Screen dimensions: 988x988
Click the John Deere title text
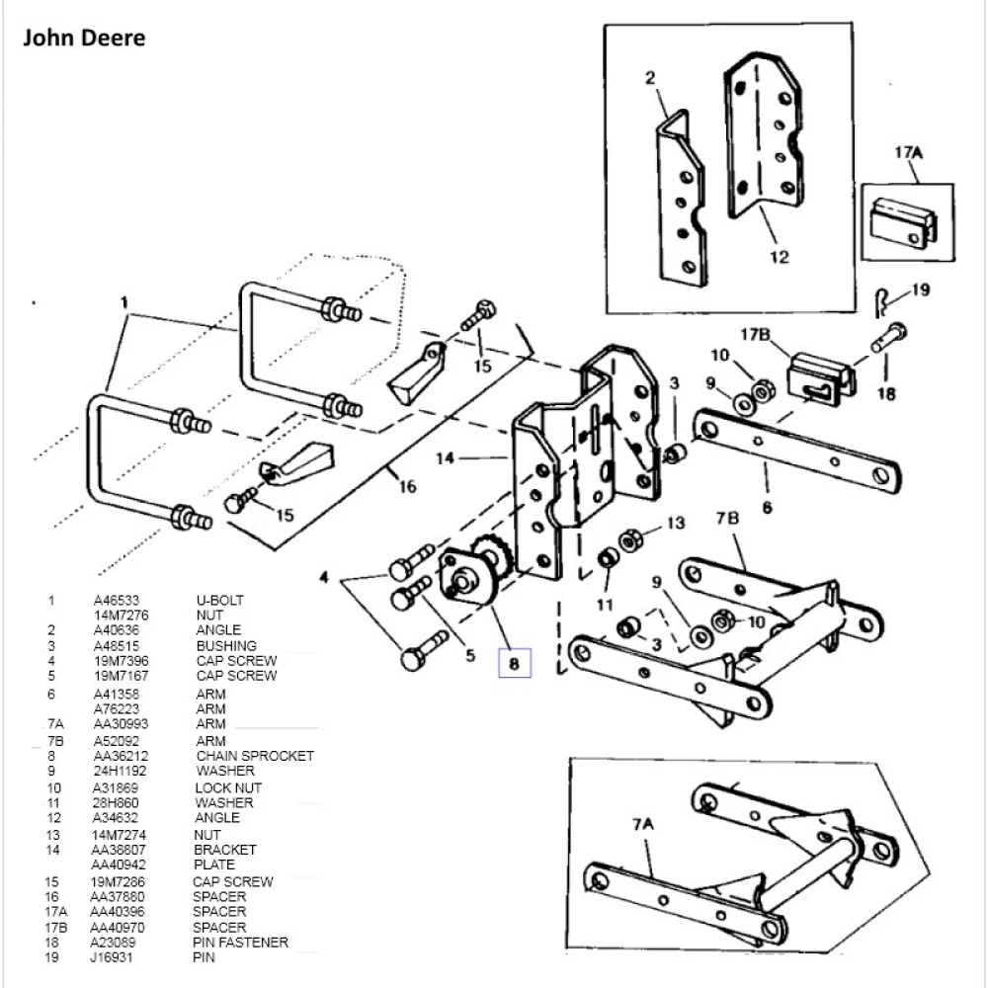(84, 39)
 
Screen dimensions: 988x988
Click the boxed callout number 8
(514, 664)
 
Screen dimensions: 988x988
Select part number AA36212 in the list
(118, 756)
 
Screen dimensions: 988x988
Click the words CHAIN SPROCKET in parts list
(254, 756)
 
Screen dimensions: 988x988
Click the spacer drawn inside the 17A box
(905, 225)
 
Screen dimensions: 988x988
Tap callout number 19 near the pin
(920, 290)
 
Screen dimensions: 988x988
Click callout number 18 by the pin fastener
(886, 393)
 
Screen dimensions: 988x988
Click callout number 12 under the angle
(780, 258)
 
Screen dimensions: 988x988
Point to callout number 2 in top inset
(651, 78)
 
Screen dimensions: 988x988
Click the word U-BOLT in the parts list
(219, 600)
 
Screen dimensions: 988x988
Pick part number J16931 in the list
(113, 958)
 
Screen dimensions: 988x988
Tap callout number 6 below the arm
(767, 508)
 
